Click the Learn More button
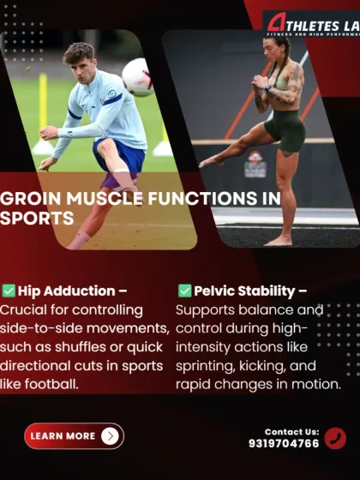point(74,436)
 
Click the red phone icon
point(335,438)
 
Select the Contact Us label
point(291,432)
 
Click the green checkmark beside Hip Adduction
point(9,291)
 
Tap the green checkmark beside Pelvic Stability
point(184,291)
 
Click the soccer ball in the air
point(136,77)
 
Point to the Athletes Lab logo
point(310,23)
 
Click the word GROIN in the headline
point(30,199)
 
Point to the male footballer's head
point(80,59)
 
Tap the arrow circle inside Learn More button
point(109,436)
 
